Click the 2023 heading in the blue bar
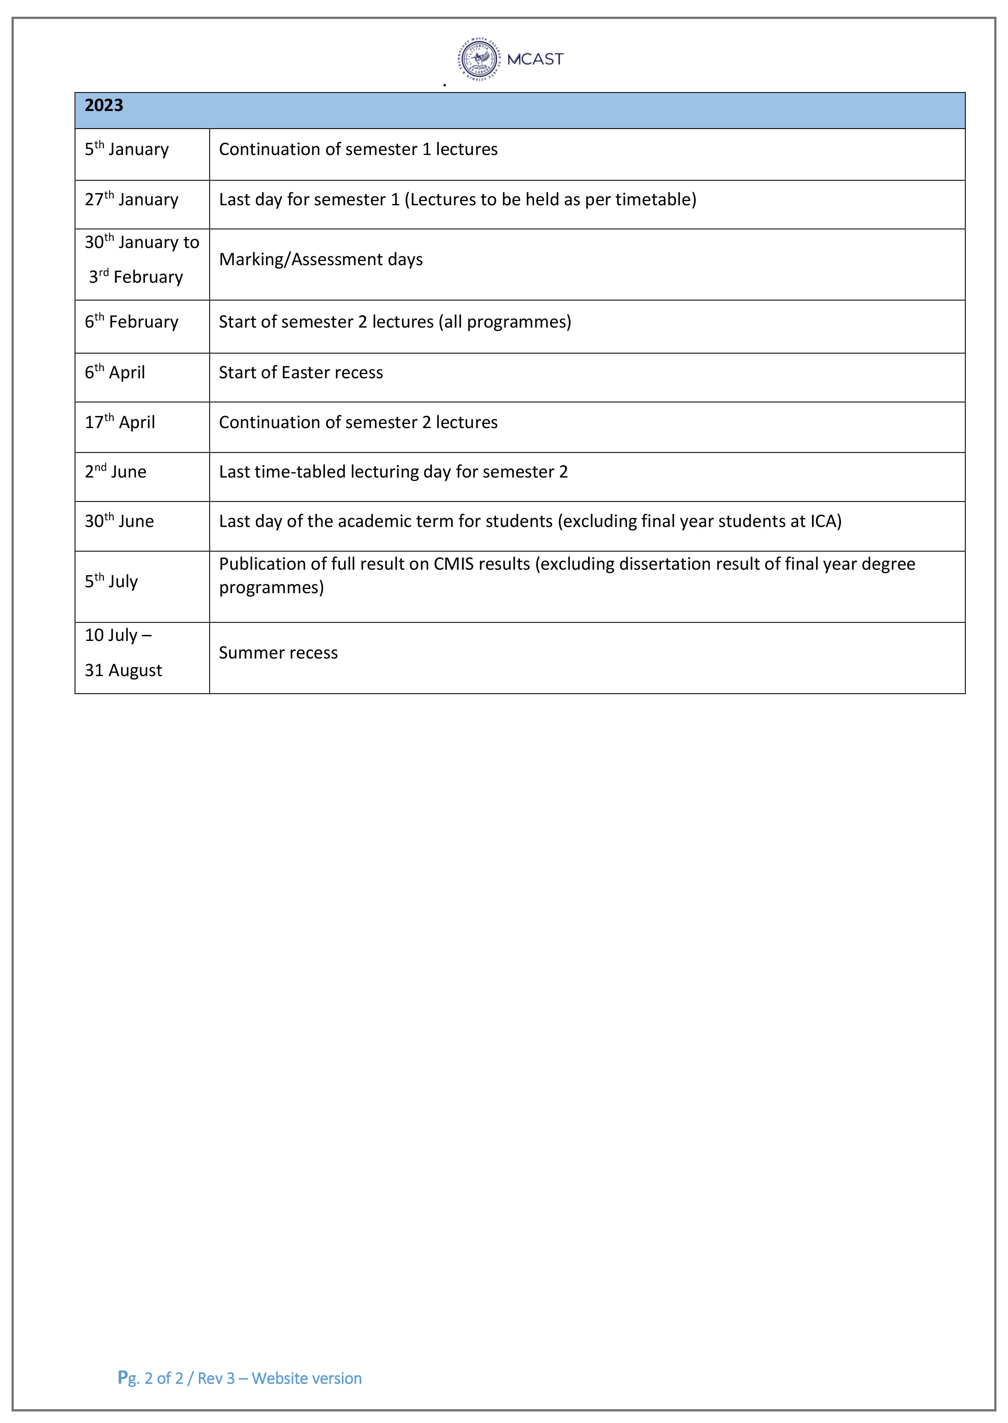104,106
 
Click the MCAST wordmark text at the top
535,59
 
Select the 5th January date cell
126,150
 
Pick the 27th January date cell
131,199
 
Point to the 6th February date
131,322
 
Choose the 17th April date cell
120,422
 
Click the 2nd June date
116,471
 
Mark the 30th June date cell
119,521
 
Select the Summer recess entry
278,653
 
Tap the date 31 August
123,670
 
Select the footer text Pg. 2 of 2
151,1378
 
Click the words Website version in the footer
306,1378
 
